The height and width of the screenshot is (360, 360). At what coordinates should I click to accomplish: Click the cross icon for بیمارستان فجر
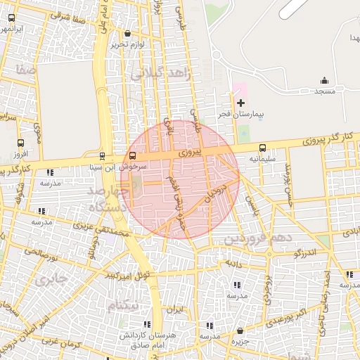pyautogui.click(x=240, y=103)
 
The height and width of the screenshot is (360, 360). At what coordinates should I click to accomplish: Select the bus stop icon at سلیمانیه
pyautogui.click(x=262, y=148)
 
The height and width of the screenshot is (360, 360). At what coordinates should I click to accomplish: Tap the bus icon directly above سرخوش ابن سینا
pyautogui.click(x=133, y=156)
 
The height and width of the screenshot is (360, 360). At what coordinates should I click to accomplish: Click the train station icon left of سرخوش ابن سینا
pyautogui.click(x=103, y=156)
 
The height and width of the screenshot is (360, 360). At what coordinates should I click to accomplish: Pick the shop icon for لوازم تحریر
pyautogui.click(x=127, y=34)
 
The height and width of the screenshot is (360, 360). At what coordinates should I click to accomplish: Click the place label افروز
pyautogui.click(x=20, y=153)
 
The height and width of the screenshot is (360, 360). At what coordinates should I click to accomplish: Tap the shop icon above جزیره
pyautogui.click(x=240, y=330)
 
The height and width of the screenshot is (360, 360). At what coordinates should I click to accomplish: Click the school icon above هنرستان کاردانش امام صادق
pyautogui.click(x=147, y=324)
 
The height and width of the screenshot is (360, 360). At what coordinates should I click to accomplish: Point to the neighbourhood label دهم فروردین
pyautogui.click(x=258, y=238)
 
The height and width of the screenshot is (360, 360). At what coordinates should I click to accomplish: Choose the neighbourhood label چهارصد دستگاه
pyautogui.click(x=108, y=198)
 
